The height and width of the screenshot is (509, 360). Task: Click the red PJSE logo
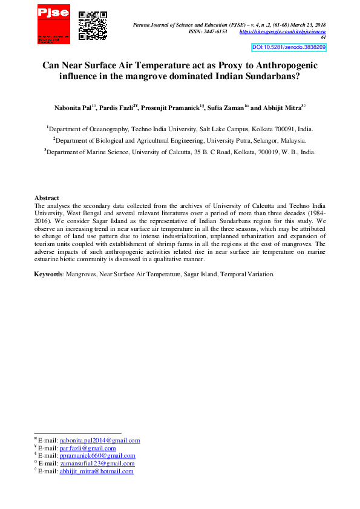[x=53, y=24]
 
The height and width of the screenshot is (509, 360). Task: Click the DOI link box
[x=289, y=47]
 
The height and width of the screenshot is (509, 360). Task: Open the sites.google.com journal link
[x=283, y=31]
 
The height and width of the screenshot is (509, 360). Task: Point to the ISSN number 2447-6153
[x=217, y=31]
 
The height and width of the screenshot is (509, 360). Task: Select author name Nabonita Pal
[x=72, y=108]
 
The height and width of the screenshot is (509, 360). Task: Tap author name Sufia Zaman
[x=224, y=108]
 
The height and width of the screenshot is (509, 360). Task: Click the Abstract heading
[x=47, y=198]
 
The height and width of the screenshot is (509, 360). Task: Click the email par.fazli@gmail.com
[x=88, y=449]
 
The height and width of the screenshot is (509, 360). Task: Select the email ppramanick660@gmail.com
[x=97, y=456]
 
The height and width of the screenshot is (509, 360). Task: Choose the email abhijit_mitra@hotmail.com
[x=96, y=472]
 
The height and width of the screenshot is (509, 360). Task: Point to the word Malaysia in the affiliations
[x=292, y=141]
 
